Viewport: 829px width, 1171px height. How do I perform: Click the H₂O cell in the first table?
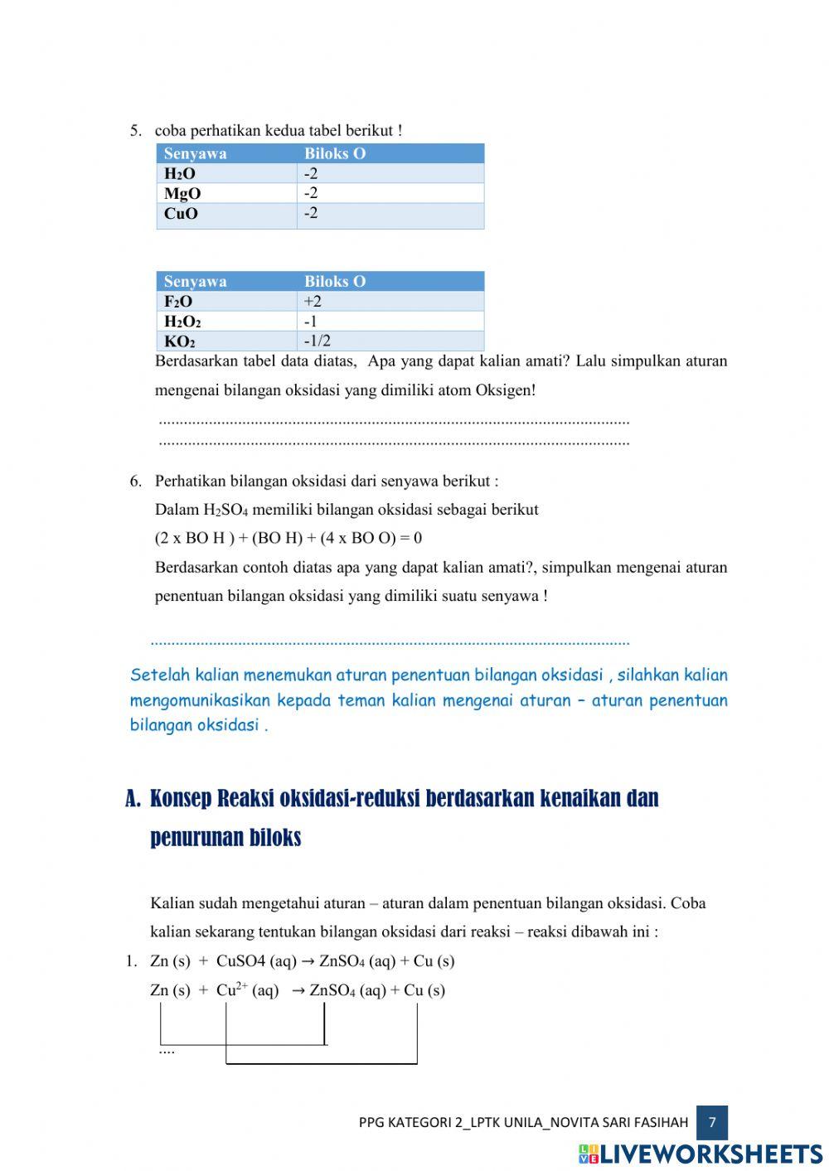[180, 173]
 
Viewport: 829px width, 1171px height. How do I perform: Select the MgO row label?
[182, 193]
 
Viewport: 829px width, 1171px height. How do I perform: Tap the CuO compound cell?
[181, 213]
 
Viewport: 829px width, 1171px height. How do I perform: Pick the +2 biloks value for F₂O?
[313, 301]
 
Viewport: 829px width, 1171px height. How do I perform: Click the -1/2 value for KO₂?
[317, 341]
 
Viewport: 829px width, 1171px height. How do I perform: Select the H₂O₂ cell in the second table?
[182, 321]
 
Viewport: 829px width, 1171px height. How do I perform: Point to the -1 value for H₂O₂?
[310, 321]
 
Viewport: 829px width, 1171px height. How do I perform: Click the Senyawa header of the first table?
[195, 153]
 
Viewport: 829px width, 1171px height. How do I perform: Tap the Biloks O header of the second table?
[334, 281]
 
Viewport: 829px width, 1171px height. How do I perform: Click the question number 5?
[135, 130]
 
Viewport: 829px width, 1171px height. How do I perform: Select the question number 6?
[135, 481]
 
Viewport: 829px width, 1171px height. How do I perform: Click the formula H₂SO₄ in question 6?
[225, 510]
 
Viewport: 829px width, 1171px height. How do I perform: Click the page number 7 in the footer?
[712, 1122]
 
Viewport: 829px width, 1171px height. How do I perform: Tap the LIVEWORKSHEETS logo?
[701, 1154]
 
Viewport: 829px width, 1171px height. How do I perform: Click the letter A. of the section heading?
[133, 799]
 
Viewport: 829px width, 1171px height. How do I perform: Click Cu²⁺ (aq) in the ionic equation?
[247, 990]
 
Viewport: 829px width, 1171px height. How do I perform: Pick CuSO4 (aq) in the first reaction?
[256, 961]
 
